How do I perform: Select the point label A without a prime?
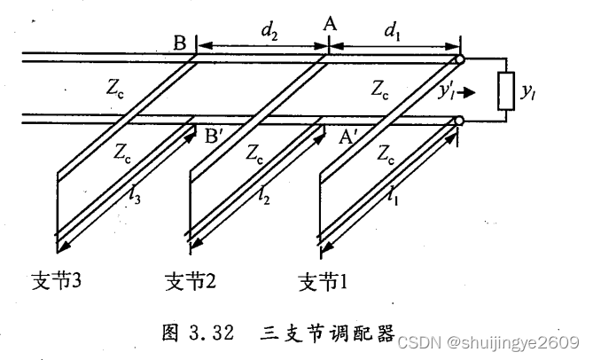tap(330, 26)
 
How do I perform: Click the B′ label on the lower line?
tap(216, 137)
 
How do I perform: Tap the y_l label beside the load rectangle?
tap(533, 92)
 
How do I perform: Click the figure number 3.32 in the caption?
tap(210, 334)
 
